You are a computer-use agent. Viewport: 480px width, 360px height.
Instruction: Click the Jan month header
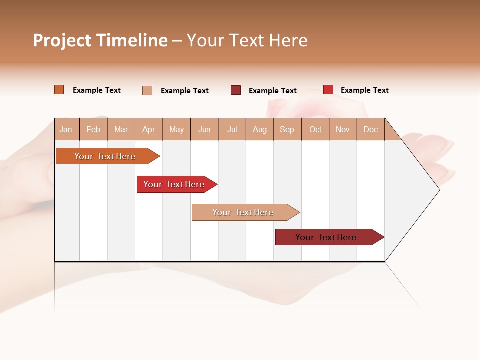pyautogui.click(x=66, y=129)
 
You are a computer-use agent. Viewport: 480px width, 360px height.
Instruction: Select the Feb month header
pyautogui.click(x=93, y=129)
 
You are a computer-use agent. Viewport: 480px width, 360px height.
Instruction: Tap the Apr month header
pyautogui.click(x=148, y=129)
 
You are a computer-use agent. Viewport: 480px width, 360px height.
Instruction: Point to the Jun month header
pyautogui.click(x=204, y=129)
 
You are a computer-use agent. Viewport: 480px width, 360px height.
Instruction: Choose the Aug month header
pyautogui.click(x=260, y=129)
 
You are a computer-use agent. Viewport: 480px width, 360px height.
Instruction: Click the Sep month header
pyautogui.click(x=287, y=129)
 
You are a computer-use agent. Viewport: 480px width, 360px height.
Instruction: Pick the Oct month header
pyautogui.click(x=315, y=129)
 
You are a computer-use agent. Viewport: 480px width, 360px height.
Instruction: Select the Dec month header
pyautogui.click(x=370, y=129)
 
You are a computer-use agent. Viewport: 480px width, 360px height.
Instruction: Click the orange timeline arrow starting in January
pyautogui.click(x=105, y=156)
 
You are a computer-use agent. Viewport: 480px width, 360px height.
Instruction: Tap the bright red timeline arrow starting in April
pyautogui.click(x=174, y=184)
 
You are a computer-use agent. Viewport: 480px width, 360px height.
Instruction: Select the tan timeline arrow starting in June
pyautogui.click(x=243, y=212)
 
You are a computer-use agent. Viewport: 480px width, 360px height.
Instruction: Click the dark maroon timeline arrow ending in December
pyautogui.click(x=326, y=237)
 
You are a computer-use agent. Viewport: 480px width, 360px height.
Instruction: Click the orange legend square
pyautogui.click(x=59, y=90)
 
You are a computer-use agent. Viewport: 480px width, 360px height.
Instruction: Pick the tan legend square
pyautogui.click(x=147, y=90)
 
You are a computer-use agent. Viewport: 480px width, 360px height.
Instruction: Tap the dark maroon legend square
pyautogui.click(x=236, y=90)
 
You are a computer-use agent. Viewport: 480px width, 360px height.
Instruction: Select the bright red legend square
pyautogui.click(x=328, y=90)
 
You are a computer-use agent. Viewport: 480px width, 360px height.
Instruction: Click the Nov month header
pyautogui.click(x=343, y=129)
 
